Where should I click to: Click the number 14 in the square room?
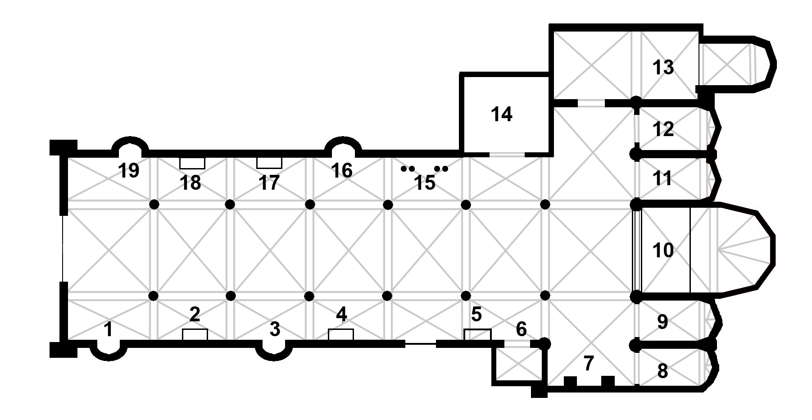(501, 114)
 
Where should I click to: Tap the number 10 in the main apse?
(663, 250)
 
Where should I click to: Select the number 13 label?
(663, 67)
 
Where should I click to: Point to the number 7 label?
(588, 363)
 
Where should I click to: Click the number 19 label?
(129, 171)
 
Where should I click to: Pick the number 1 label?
(108, 329)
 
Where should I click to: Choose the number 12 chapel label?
(663, 129)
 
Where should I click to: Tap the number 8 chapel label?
(662, 371)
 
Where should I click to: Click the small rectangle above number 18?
(192, 163)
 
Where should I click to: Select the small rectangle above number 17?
(269, 163)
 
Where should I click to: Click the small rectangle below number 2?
(195, 335)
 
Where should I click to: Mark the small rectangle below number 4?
(341, 335)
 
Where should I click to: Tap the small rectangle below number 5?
(477, 335)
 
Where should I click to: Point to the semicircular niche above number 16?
(343, 138)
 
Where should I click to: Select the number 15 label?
(425, 183)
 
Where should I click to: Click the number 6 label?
(521, 329)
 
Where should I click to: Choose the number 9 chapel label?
(662, 322)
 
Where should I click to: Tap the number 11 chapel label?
(662, 178)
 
